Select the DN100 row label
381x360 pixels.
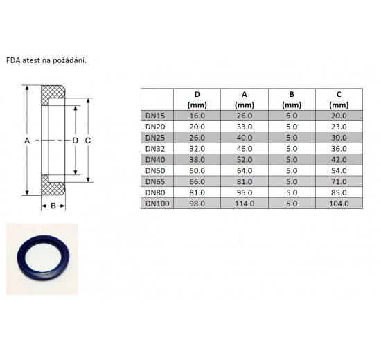click(157, 204)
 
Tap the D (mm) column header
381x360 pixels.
click(197, 99)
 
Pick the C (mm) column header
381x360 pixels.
click(338, 99)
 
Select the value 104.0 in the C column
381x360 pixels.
click(338, 204)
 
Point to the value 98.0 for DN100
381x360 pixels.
click(197, 204)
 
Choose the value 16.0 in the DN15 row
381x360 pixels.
click(197, 117)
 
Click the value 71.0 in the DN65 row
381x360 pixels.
click(338, 181)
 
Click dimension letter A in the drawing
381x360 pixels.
click(27, 141)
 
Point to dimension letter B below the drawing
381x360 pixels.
click(53, 206)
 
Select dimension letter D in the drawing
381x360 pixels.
click(76, 141)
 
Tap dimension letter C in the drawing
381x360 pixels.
click(88, 141)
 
